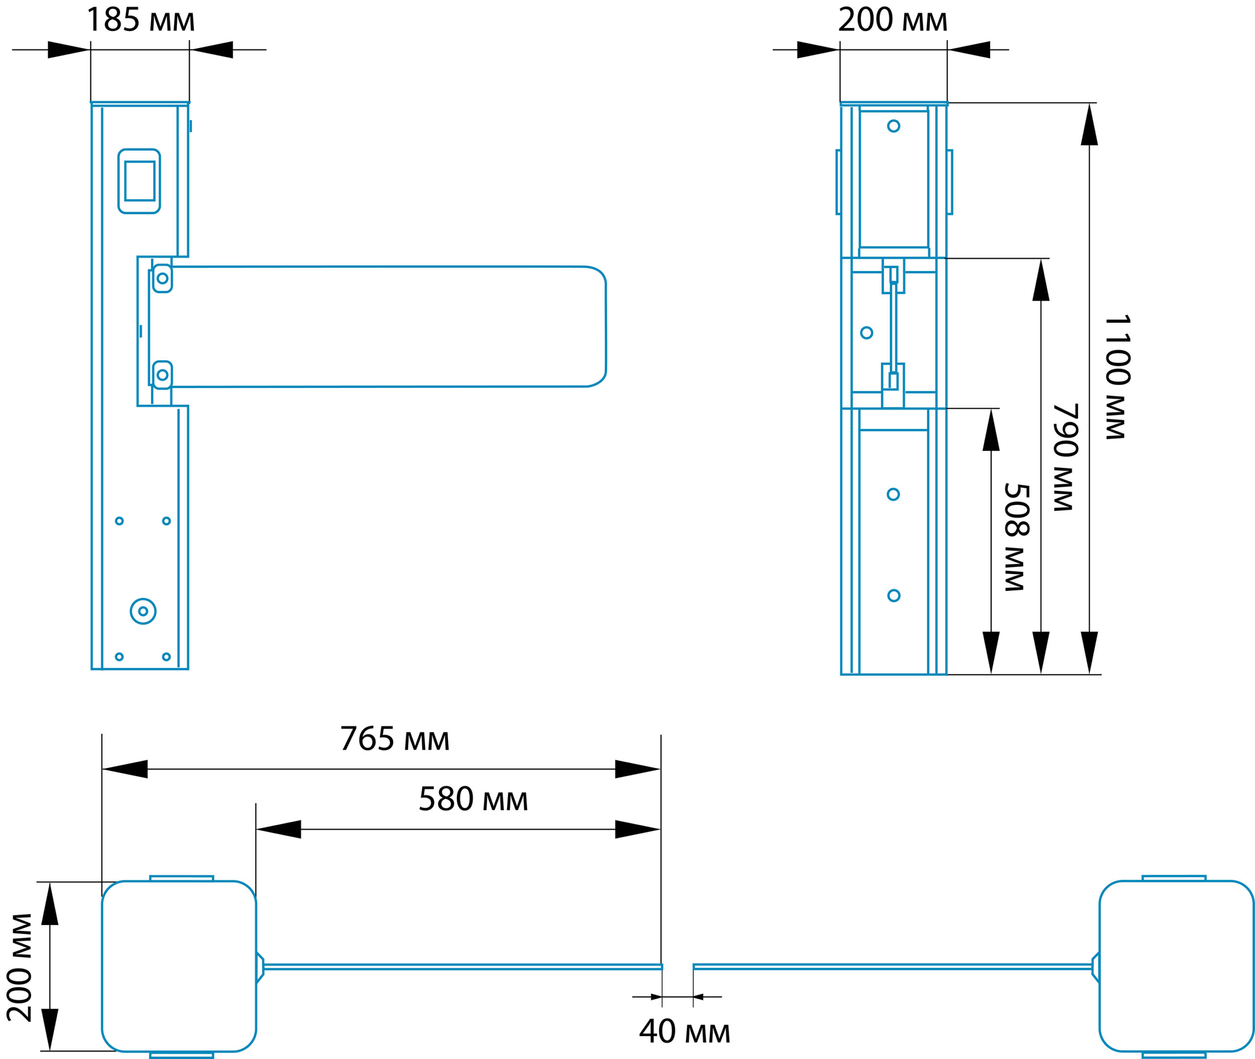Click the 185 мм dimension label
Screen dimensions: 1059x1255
pyautogui.click(x=140, y=20)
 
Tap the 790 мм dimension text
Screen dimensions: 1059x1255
pyautogui.click(x=1066, y=457)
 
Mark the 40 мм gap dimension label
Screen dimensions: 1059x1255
pyautogui.click(x=684, y=1032)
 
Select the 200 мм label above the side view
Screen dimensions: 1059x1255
pyautogui.click(x=893, y=20)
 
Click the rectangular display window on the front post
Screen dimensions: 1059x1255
pyautogui.click(x=139, y=181)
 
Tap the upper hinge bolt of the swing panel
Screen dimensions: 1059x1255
pyautogui.click(x=162, y=278)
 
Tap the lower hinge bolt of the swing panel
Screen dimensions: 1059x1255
pyautogui.click(x=162, y=375)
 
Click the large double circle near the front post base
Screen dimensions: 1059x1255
pyautogui.click(x=143, y=611)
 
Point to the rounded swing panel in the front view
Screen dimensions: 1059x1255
pyautogui.click(x=384, y=327)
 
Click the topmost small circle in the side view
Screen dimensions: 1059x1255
pyautogui.click(x=894, y=126)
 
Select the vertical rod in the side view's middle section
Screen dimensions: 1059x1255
pyautogui.click(x=894, y=327)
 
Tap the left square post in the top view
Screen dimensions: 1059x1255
pyautogui.click(x=179, y=966)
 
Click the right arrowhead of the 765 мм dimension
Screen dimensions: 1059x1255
pyautogui.click(x=637, y=769)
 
